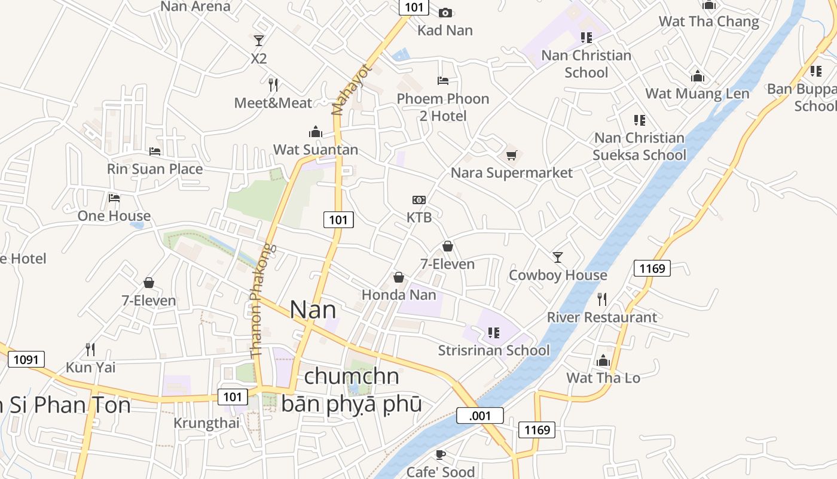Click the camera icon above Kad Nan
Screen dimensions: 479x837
coord(445,13)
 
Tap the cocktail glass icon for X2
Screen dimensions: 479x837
coord(258,40)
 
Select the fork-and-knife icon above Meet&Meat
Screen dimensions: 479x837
coord(273,84)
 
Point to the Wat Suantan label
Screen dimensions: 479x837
coord(316,150)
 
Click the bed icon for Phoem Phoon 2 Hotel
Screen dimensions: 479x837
coord(443,81)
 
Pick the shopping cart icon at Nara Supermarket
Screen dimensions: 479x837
coord(511,156)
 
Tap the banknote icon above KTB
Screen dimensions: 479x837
coord(419,200)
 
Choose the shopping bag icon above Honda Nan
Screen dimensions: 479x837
coord(399,277)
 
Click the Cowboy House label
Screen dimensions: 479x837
coord(558,275)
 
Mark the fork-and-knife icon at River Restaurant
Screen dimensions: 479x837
coord(602,299)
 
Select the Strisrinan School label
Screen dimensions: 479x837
coord(494,350)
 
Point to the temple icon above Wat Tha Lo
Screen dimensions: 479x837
coord(603,360)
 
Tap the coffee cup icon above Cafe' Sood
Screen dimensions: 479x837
coord(441,454)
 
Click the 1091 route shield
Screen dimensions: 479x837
coord(26,359)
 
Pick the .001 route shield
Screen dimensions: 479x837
coord(480,416)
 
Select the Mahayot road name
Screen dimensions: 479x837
coord(351,90)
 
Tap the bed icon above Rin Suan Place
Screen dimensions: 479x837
coord(155,151)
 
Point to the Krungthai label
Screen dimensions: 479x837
coord(206,423)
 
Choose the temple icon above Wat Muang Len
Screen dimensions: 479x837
coord(697,76)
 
